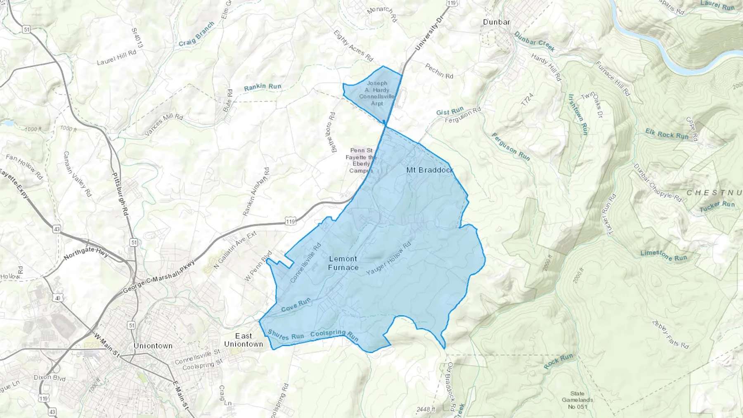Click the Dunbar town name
(x=496, y=22)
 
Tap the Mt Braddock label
(x=430, y=170)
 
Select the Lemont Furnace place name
(x=343, y=263)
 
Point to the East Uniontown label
(x=244, y=340)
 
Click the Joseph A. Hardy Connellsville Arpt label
(x=377, y=93)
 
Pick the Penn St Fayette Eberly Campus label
(x=361, y=161)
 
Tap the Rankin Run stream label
(x=263, y=87)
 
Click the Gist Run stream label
(x=450, y=111)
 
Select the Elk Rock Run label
(x=667, y=134)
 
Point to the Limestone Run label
(x=664, y=255)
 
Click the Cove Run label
(x=296, y=306)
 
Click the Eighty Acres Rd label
(x=353, y=45)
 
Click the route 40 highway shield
(x=57, y=298)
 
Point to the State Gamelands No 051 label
(x=577, y=400)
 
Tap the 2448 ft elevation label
(x=426, y=409)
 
